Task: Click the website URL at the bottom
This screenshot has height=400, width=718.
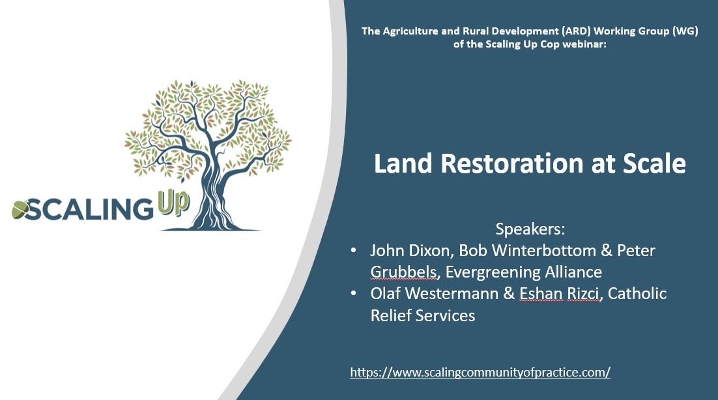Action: click(x=480, y=373)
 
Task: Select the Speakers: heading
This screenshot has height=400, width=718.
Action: click(x=530, y=229)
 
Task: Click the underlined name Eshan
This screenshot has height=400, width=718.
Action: click(x=540, y=294)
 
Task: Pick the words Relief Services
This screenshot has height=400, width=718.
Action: click(x=423, y=315)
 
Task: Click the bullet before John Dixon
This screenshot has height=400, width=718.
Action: click(x=353, y=251)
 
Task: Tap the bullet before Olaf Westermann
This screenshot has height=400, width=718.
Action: click(x=353, y=294)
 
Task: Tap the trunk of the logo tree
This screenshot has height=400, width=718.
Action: click(x=207, y=195)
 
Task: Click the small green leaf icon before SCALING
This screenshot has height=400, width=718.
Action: click(x=20, y=210)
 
